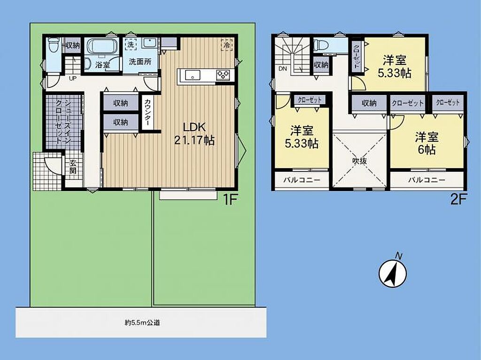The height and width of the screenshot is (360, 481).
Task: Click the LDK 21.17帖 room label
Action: (x=194, y=133)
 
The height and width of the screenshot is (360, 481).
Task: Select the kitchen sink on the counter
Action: (x=192, y=75)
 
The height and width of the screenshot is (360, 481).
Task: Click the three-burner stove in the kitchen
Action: (x=223, y=75)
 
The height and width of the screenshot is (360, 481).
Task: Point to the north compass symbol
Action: (x=393, y=272)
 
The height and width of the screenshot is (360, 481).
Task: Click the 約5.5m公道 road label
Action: (x=142, y=322)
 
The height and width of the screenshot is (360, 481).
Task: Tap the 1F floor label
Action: (x=230, y=200)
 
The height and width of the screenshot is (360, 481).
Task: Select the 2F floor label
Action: (x=458, y=200)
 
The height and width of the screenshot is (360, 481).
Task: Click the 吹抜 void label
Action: (x=359, y=161)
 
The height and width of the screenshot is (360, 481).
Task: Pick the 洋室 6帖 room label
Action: (x=427, y=143)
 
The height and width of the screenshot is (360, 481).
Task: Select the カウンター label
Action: (x=147, y=112)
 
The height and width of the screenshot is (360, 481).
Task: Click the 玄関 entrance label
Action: (x=73, y=167)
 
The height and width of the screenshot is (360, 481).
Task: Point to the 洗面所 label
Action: (x=140, y=62)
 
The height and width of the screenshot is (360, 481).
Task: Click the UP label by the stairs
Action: (x=72, y=78)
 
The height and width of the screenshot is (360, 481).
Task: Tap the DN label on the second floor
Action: (x=282, y=69)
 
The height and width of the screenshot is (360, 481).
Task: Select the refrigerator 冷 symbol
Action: (x=227, y=45)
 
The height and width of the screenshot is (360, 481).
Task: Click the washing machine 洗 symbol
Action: (x=131, y=45)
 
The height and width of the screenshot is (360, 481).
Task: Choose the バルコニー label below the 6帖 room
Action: (x=427, y=180)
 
